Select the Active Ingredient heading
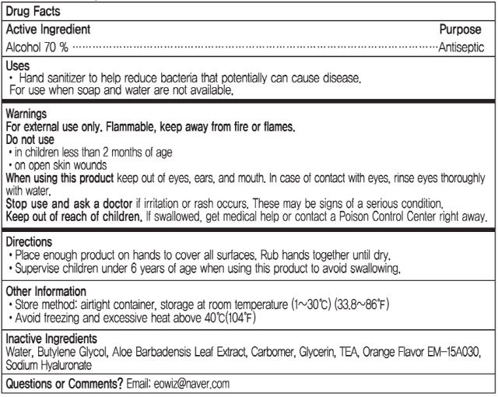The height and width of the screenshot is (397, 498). [x=48, y=30]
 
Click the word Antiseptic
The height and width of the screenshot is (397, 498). [x=462, y=47]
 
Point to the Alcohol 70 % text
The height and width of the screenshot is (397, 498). [x=37, y=47]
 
